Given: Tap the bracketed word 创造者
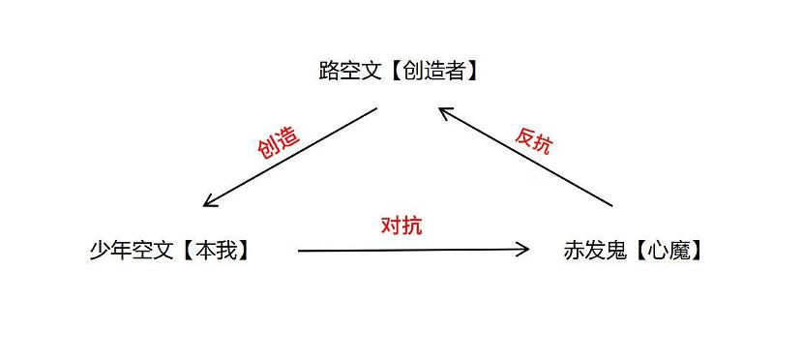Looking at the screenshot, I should tap(435, 71).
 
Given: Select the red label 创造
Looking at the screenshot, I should tap(278, 141).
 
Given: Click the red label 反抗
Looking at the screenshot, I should tap(534, 141).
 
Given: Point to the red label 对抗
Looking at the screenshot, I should tap(401, 226).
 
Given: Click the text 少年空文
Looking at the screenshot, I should tap(131, 251).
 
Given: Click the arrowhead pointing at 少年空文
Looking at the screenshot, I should tap(209, 203).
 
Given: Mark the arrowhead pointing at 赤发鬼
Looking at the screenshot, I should tap(524, 250).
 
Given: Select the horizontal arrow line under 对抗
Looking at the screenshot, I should tap(411, 250).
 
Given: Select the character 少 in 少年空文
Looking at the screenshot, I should tap(99, 251).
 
